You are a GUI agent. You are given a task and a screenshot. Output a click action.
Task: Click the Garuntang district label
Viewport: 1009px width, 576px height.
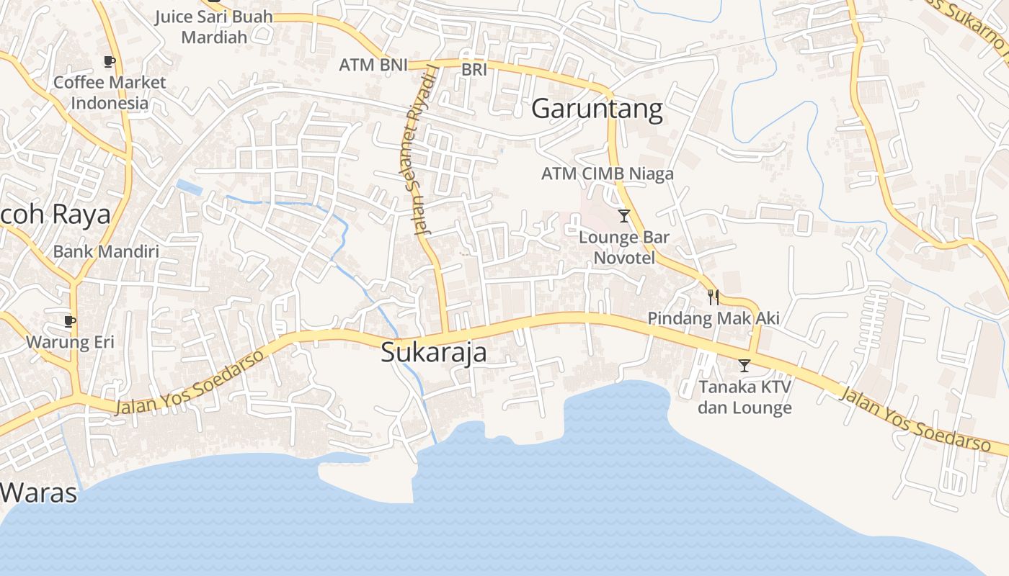click(597, 109)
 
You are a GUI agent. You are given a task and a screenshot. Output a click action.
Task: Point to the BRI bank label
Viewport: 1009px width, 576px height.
click(474, 70)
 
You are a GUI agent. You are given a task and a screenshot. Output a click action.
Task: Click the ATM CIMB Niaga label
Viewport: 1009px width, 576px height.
click(607, 174)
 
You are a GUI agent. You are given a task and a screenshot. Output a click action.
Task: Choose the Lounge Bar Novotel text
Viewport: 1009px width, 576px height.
click(624, 247)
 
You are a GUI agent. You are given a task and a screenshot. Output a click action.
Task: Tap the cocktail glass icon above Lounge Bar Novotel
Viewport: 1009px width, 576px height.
click(624, 215)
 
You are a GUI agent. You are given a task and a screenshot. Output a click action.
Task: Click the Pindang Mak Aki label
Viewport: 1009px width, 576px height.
click(713, 318)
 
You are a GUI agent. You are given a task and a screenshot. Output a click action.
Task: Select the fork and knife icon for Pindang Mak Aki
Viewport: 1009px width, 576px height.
click(713, 297)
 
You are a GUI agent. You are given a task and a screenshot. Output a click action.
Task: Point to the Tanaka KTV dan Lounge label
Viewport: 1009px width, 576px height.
click(744, 397)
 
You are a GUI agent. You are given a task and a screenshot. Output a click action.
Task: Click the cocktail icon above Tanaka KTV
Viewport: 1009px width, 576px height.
click(744, 366)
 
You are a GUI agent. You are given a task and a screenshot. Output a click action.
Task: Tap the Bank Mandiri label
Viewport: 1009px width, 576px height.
click(106, 252)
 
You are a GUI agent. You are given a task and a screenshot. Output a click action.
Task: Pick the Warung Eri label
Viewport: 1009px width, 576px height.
click(70, 342)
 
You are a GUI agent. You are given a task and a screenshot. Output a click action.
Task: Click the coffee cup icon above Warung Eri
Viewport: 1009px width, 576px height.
click(69, 320)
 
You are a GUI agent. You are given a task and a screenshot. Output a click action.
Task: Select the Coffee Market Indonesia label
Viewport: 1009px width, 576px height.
click(110, 92)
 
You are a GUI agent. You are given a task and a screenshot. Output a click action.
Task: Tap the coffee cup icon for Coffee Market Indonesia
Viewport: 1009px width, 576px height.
click(110, 62)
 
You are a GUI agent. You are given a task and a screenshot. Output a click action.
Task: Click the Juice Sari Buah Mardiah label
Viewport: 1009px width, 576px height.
click(214, 27)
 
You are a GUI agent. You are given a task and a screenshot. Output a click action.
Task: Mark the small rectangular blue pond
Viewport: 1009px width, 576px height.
click(190, 187)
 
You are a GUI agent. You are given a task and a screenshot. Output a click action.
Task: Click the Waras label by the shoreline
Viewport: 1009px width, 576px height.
click(37, 493)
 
